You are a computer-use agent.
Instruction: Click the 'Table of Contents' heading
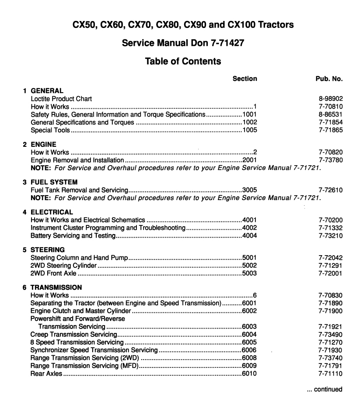point(183,62)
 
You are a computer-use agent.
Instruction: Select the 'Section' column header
point(245,79)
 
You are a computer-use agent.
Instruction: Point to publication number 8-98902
point(331,99)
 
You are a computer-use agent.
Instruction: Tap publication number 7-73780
point(331,160)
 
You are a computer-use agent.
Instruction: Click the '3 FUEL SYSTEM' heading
point(49,182)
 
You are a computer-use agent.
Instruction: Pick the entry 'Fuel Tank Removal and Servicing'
point(79,190)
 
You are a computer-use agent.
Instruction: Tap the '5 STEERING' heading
point(44,250)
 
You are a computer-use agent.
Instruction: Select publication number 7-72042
point(331,258)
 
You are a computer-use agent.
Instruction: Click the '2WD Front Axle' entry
point(53,273)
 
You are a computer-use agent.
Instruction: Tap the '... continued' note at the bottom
point(325,389)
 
